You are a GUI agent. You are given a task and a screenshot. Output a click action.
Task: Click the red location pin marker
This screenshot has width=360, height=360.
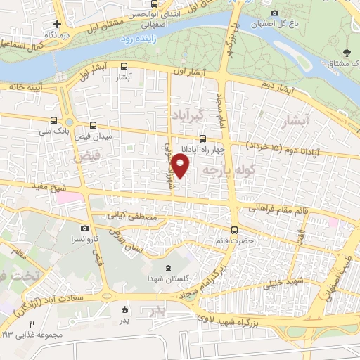pyautogui.click(x=181, y=166)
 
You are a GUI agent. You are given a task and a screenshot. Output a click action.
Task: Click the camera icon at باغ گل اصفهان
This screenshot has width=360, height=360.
pyautogui.click(x=274, y=13)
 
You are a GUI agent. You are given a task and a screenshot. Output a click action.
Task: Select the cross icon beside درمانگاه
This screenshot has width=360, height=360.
pyautogui.click(x=58, y=24)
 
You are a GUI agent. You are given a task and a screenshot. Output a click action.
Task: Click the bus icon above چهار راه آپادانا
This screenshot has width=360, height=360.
pyautogui.click(x=203, y=139)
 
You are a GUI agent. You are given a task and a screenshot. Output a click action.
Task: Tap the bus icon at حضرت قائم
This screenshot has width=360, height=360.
pyautogui.click(x=235, y=229)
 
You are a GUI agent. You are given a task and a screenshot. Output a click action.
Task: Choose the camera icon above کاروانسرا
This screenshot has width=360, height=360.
pyautogui.click(x=84, y=228)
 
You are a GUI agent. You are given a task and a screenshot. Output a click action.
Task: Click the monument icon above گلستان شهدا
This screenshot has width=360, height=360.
pyautogui.click(x=167, y=268)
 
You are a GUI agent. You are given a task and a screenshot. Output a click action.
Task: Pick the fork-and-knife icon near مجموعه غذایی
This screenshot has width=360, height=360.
pyautogui.click(x=31, y=324)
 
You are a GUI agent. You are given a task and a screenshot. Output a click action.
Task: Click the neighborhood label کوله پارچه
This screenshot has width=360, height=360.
pyautogui.click(x=227, y=169)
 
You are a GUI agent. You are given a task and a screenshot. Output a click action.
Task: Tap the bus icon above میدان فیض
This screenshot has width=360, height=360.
pyautogui.click(x=94, y=124)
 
